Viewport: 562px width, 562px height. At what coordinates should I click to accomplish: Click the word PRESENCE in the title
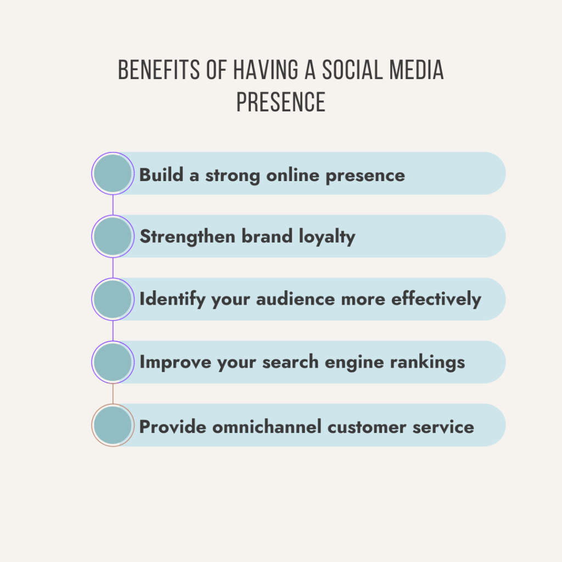coord(280,102)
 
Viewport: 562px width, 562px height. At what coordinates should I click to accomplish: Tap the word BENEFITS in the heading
coord(159,70)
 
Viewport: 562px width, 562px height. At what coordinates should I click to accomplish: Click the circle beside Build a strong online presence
coord(113,173)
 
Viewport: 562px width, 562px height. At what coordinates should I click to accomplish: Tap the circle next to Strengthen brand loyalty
coord(113,236)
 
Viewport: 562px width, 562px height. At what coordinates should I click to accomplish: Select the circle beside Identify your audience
coord(113,299)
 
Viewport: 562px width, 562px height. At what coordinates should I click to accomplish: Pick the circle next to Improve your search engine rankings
coord(113,362)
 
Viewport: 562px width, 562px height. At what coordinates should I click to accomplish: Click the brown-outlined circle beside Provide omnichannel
coord(113,425)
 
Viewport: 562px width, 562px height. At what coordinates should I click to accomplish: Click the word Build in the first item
coord(161,175)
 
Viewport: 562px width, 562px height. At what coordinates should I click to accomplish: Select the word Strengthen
coord(188,237)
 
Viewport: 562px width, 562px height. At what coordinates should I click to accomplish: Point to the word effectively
coord(436,299)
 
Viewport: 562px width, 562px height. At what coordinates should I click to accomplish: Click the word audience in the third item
coord(295,299)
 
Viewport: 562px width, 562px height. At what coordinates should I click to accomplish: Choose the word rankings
coord(428,362)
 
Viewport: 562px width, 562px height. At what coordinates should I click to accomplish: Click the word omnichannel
coord(267,426)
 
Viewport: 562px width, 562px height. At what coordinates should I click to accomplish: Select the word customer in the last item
coord(367,426)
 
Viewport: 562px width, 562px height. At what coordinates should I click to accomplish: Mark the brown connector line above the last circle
coord(113,394)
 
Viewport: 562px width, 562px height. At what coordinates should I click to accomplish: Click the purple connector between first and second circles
coord(113,205)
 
